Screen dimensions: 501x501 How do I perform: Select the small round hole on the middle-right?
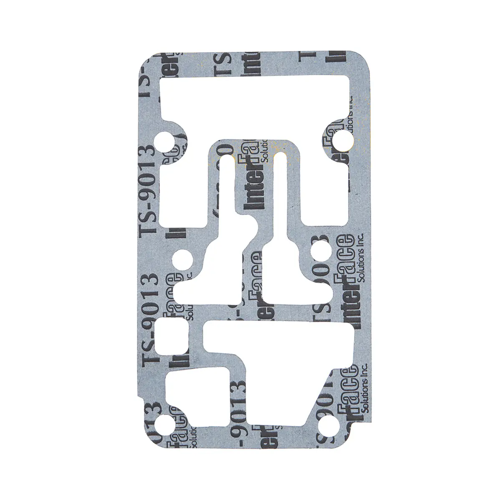click(320, 252)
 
